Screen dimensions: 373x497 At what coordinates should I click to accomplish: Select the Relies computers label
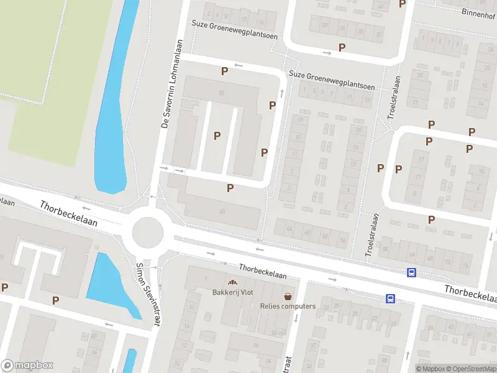pos(288,306)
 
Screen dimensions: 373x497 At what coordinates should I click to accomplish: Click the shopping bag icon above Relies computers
pos(288,296)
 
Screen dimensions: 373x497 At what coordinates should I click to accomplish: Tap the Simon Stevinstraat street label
pos(148,293)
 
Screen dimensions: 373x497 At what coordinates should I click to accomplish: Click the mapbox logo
pos(27,366)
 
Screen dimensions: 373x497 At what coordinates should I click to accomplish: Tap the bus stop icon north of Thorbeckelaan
pos(411,272)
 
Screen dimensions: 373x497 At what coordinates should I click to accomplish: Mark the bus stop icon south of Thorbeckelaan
pos(390,298)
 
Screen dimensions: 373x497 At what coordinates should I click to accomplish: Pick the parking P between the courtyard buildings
pos(217,136)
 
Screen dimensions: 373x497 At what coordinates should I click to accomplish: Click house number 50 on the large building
pos(221,93)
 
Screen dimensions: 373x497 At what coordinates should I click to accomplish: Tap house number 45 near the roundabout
pos(222,211)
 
